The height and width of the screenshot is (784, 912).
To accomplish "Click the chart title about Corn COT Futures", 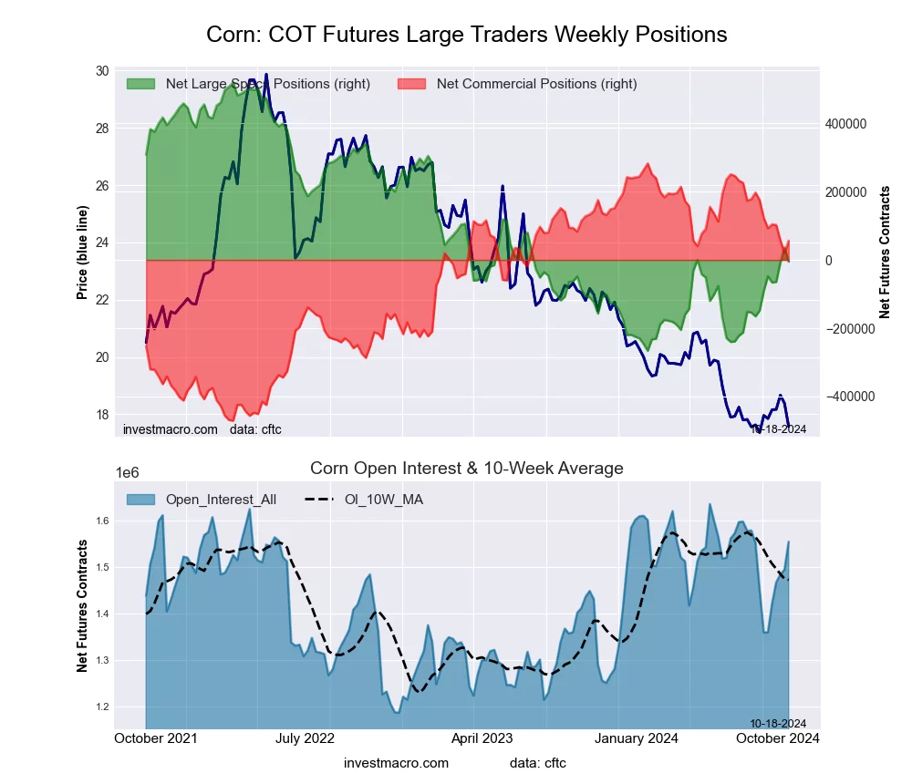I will (x=466, y=35).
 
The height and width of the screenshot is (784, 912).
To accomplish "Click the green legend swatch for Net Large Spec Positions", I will (x=140, y=84).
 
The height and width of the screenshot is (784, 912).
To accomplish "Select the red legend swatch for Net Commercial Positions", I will (x=412, y=84).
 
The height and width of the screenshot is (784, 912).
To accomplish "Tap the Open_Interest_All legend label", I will (x=221, y=500).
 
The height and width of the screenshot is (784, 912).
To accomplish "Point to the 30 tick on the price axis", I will (x=101, y=71).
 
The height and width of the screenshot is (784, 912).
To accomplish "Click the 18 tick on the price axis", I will (x=101, y=414).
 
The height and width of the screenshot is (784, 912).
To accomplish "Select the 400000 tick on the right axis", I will (x=845, y=124).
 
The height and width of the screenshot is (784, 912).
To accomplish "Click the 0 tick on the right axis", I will (x=829, y=261).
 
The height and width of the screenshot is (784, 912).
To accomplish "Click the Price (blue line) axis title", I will (x=83, y=253).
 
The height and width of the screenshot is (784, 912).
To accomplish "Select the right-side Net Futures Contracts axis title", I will (x=885, y=253).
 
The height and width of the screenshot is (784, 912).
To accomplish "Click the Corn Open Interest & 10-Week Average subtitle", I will (x=466, y=469).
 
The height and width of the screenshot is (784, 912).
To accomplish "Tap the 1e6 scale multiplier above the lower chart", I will (x=128, y=472).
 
